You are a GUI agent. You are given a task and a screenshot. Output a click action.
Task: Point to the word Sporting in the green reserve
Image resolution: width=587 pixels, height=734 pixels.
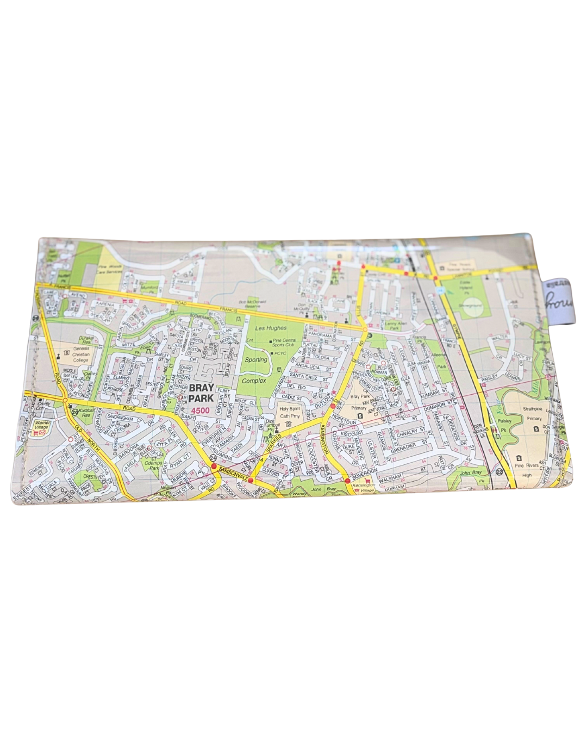coord(256,359)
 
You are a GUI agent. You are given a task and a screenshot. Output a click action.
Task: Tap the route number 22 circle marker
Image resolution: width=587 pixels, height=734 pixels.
coord(499,472)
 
